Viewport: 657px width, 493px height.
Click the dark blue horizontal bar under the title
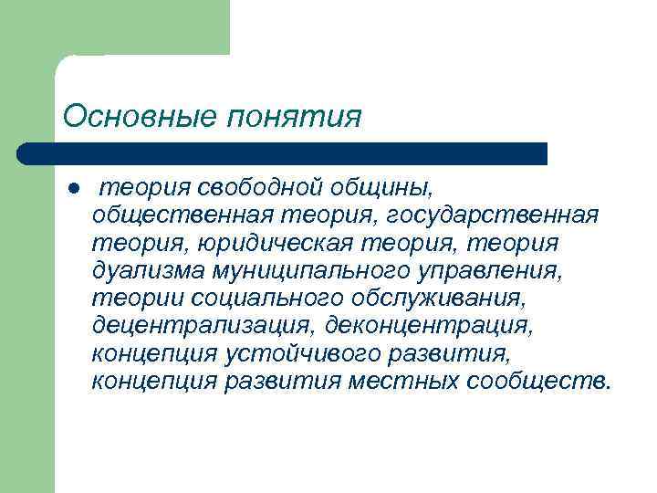click(283, 152)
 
